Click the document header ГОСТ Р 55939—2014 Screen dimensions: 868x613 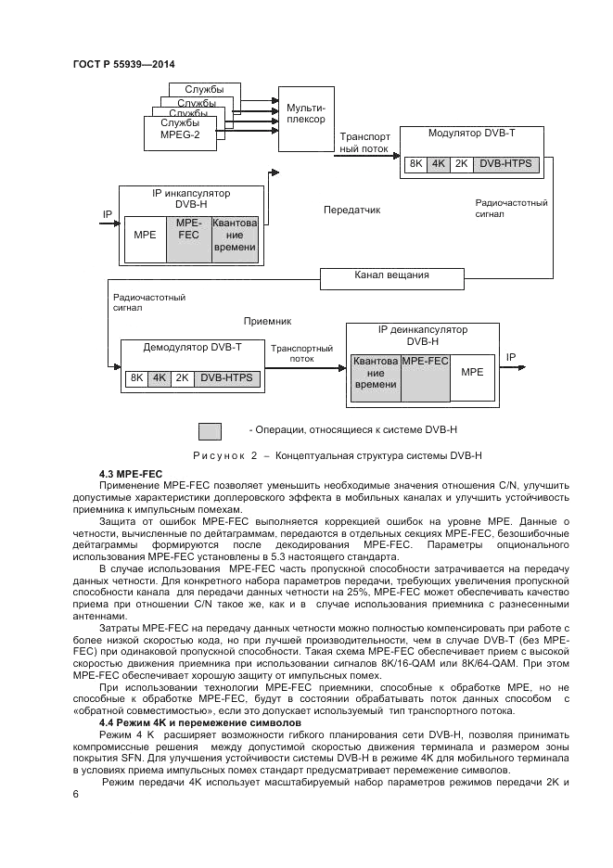tap(123, 63)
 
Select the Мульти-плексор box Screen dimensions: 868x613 tap(306, 116)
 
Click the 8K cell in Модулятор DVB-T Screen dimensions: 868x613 tap(415, 164)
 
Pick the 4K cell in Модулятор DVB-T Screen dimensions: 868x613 tap(438, 164)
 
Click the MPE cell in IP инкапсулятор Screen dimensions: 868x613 tap(145, 236)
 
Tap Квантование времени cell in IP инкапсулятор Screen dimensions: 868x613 tap(232, 236)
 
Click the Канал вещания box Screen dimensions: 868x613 tap(391, 275)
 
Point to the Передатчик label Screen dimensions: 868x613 tap(351, 210)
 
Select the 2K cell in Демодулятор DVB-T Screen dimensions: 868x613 tap(182, 378)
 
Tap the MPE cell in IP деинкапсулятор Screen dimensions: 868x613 tap(472, 372)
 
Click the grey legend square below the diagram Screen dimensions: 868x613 tap(211, 430)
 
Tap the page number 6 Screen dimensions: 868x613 tap(76, 795)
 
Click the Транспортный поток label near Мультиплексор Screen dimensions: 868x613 tap(364, 141)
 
